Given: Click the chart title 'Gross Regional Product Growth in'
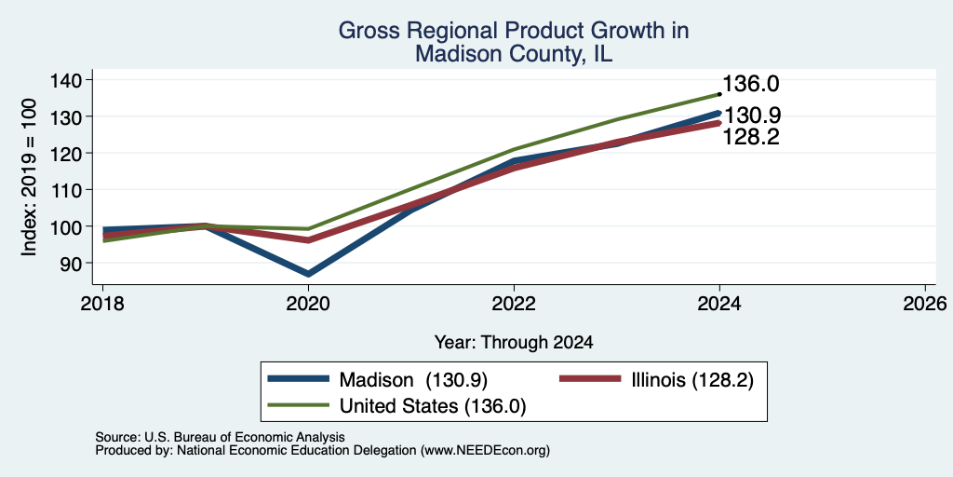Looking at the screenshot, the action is pyautogui.click(x=514, y=31).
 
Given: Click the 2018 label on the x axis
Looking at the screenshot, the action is pyautogui.click(x=102, y=303).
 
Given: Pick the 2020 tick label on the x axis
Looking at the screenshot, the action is pyautogui.click(x=308, y=303).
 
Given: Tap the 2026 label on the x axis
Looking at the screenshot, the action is pyautogui.click(x=925, y=303).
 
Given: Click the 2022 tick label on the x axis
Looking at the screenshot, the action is pyautogui.click(x=514, y=303).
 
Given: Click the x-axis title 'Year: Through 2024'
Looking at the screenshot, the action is pyautogui.click(x=514, y=343).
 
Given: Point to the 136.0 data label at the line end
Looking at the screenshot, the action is pyautogui.click(x=751, y=85).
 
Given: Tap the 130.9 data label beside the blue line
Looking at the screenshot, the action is pyautogui.click(x=751, y=116).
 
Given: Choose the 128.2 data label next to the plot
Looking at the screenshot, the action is pyautogui.click(x=751, y=138).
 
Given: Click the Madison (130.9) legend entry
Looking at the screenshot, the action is pyautogui.click(x=378, y=380).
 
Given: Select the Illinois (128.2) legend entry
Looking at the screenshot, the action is pyautogui.click(x=656, y=380).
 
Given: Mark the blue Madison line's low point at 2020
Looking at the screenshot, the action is pyautogui.click(x=308, y=274).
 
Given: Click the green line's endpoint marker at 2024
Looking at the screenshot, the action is pyautogui.click(x=719, y=94).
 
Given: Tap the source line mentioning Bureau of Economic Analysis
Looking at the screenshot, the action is pyautogui.click(x=220, y=437).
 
